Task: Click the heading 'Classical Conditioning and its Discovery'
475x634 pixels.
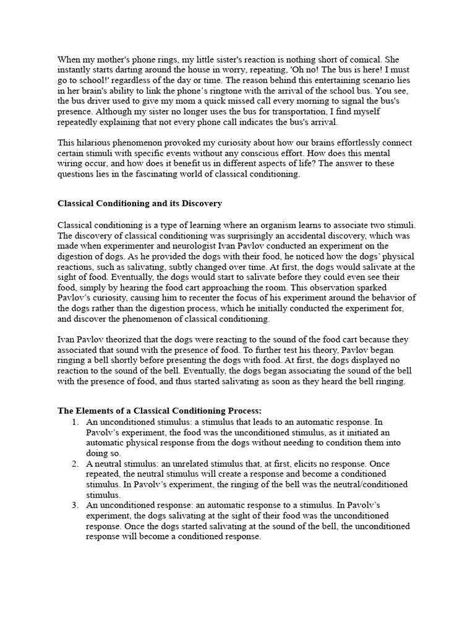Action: click(140, 203)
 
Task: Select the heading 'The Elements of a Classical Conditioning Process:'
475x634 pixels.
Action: click(160, 410)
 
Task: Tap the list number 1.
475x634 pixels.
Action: click(75, 422)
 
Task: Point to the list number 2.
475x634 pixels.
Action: click(75, 464)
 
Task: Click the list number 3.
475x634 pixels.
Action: click(75, 505)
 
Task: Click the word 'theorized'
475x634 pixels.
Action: click(121, 339)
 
